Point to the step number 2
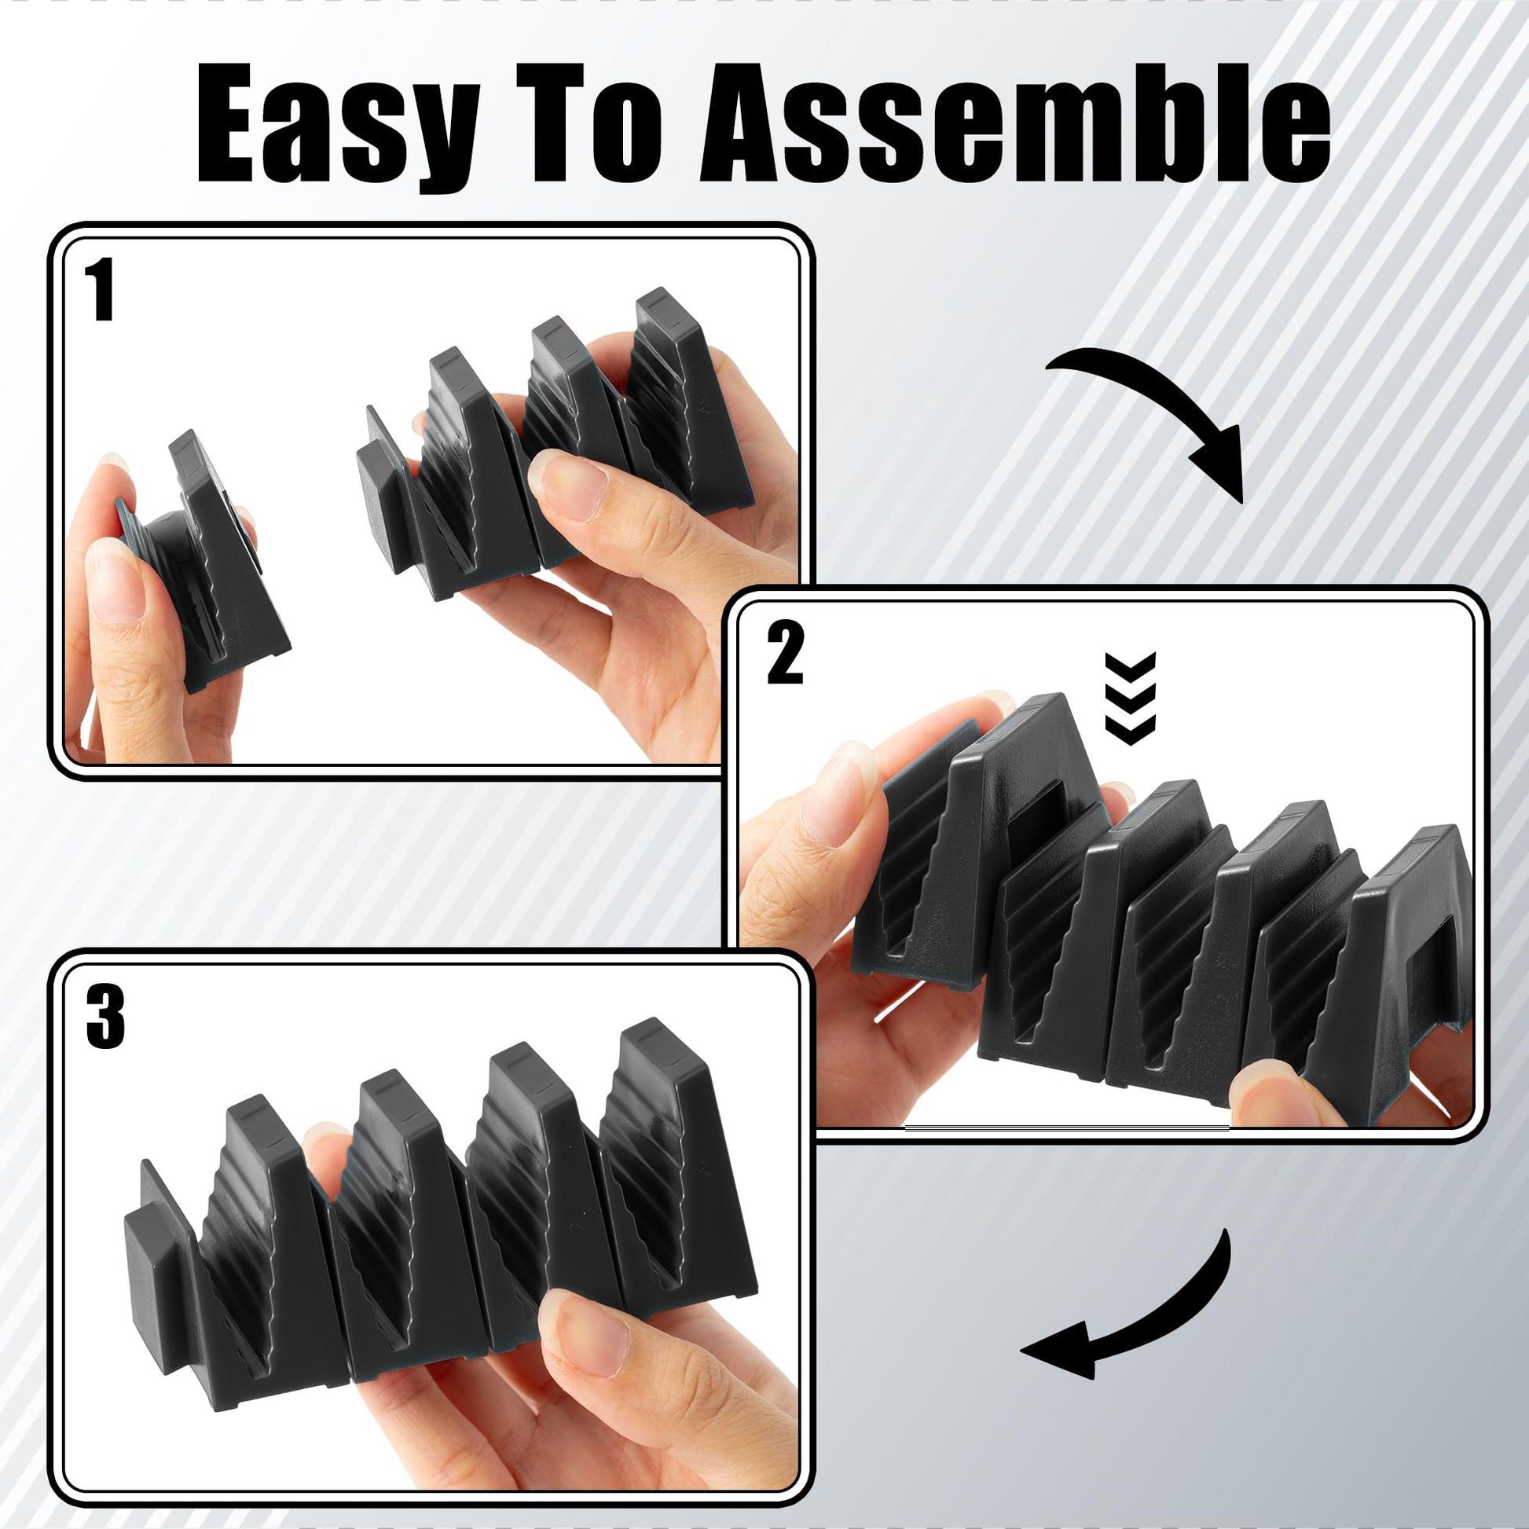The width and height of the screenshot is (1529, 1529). point(785,653)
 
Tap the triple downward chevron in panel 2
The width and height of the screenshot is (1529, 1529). point(1130,698)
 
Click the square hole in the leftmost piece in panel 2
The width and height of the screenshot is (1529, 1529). point(1035,821)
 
